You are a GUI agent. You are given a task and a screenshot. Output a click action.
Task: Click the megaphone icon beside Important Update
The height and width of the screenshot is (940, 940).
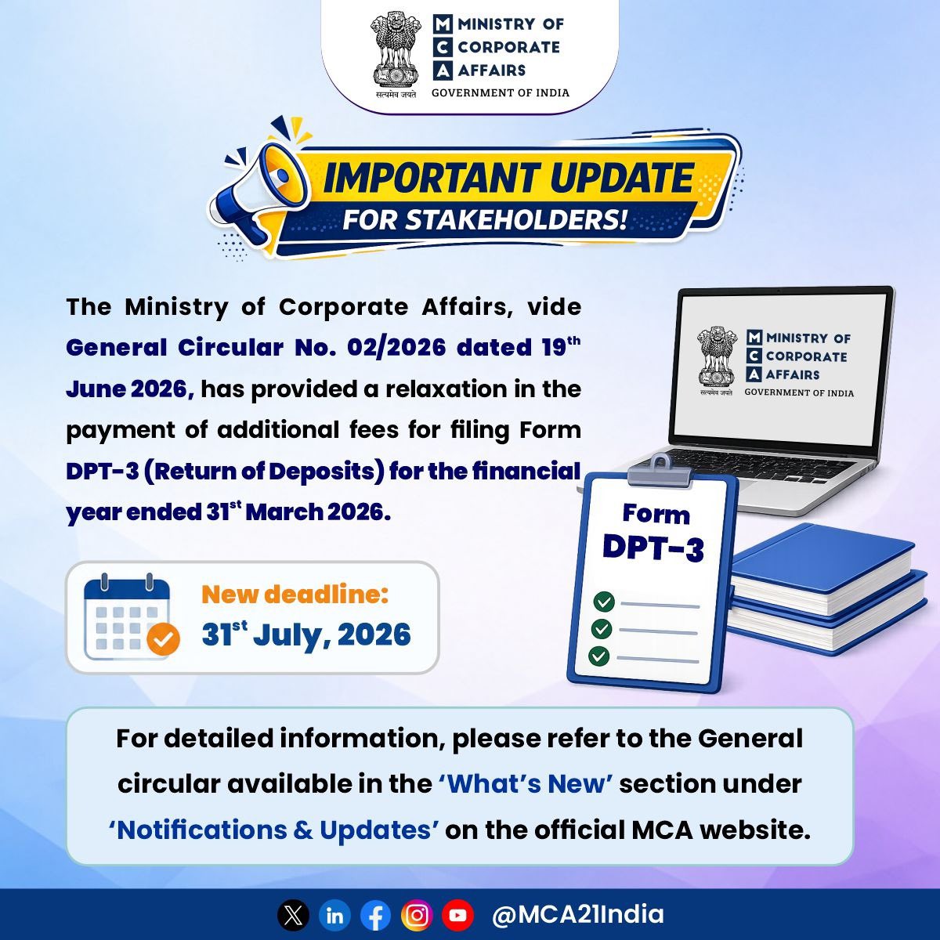[x=262, y=195]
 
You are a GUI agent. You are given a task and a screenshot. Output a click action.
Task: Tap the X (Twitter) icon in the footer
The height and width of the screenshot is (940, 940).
[x=293, y=916]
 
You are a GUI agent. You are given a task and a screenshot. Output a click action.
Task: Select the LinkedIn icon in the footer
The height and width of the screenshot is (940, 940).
[x=334, y=916]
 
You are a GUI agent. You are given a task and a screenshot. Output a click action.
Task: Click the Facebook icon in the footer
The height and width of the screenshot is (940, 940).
[x=376, y=916]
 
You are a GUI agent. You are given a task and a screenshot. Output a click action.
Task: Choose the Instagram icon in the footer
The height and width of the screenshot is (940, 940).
[x=417, y=916]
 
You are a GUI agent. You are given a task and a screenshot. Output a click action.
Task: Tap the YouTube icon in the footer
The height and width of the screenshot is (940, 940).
[x=458, y=916]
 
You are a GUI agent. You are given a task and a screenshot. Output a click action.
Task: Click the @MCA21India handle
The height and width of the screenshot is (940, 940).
[x=577, y=915]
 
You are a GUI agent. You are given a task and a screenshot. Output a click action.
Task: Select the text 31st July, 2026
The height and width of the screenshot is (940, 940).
[x=306, y=634]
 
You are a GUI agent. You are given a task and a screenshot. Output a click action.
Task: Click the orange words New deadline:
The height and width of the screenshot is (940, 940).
[x=295, y=594]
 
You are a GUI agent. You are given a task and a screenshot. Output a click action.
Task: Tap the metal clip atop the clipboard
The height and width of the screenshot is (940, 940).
[x=660, y=469]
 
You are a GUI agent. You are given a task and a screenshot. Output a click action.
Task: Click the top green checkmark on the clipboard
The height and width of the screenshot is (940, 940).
[x=604, y=602]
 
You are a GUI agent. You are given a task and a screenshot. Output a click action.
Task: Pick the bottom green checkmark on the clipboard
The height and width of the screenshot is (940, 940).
[x=599, y=656]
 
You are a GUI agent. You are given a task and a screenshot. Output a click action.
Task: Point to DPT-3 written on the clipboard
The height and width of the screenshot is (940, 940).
[x=653, y=548]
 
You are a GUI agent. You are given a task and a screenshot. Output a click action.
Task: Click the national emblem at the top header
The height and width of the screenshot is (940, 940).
[x=396, y=56]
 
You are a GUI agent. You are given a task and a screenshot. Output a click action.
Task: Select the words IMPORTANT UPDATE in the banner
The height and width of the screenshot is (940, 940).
[x=509, y=178]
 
